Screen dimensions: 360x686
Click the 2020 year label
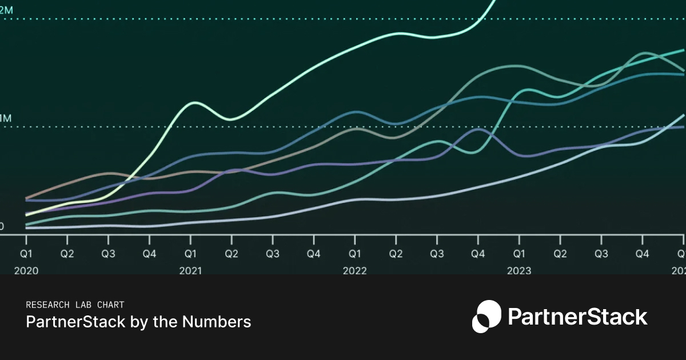[26, 270]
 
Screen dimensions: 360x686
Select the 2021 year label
[190, 270]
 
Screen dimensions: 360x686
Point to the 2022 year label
[355, 270]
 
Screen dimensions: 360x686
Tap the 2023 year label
[519, 270]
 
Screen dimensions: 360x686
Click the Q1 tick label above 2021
[190, 253]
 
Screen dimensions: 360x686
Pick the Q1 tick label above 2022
[355, 253]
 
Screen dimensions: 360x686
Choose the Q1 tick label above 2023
[519, 253]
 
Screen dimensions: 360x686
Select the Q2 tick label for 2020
[67, 253]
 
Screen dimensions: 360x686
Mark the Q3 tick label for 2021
[273, 253]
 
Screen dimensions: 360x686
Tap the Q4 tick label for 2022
[478, 253]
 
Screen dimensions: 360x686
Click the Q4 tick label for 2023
[643, 253]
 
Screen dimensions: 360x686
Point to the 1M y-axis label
[5, 119]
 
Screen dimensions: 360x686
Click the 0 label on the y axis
[2, 227]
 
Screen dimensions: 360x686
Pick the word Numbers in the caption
[217, 322]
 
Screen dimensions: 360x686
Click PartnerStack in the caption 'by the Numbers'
[75, 322]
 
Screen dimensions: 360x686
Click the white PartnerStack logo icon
[486, 316]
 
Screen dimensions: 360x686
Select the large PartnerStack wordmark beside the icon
[577, 317]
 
